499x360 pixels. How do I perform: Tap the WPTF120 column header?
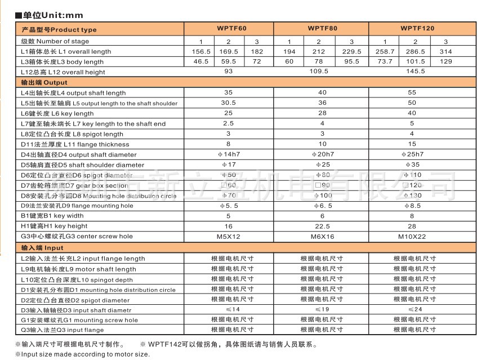click(417, 28)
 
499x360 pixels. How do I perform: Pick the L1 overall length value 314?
click(446, 51)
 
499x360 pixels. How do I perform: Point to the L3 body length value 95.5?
click(351, 61)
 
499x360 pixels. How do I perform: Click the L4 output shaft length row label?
click(73, 93)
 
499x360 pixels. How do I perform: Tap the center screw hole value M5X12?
click(228, 237)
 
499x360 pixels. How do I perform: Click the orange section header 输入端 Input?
click(43, 248)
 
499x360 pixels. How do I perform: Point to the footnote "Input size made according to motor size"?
click(82, 354)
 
